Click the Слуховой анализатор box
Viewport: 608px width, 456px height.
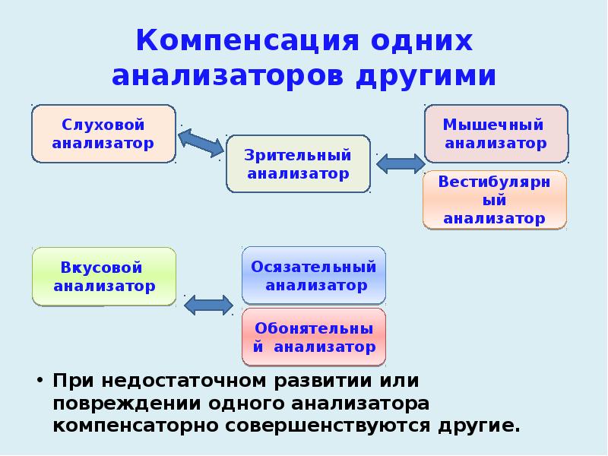pyautogui.click(x=103, y=134)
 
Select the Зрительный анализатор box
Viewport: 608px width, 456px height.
pyautogui.click(x=298, y=164)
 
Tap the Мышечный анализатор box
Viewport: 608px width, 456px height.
pyautogui.click(x=495, y=134)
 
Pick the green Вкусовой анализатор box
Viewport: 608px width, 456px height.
pyautogui.click(x=104, y=277)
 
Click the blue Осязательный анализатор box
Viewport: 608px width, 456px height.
pyautogui.click(x=314, y=276)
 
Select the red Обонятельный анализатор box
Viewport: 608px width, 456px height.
pyautogui.click(x=314, y=338)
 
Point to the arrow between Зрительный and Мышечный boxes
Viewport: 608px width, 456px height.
pyautogui.click(x=401, y=163)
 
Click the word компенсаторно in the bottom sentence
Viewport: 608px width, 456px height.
pyautogui.click(x=134, y=424)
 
